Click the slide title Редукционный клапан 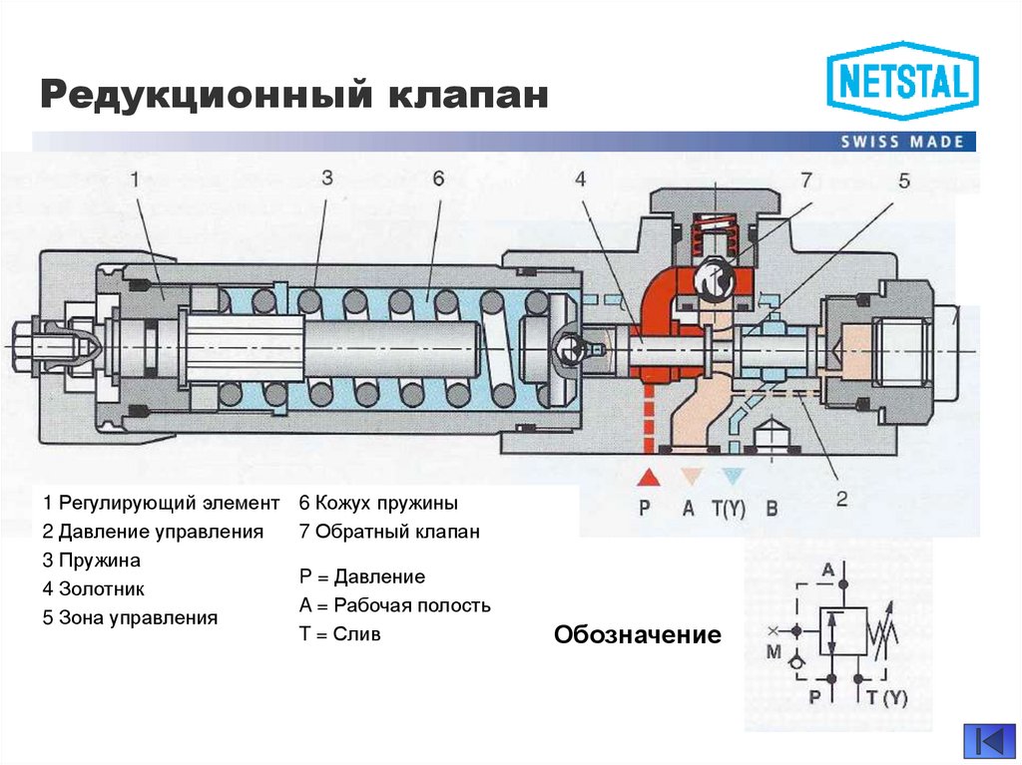click(x=294, y=96)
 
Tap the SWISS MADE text click(x=902, y=142)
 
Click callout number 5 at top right click(x=904, y=181)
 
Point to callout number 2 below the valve click(x=841, y=499)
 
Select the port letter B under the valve click(x=770, y=508)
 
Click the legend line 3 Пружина click(x=92, y=560)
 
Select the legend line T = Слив click(x=339, y=633)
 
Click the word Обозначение click(x=638, y=635)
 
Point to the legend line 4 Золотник click(x=94, y=588)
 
